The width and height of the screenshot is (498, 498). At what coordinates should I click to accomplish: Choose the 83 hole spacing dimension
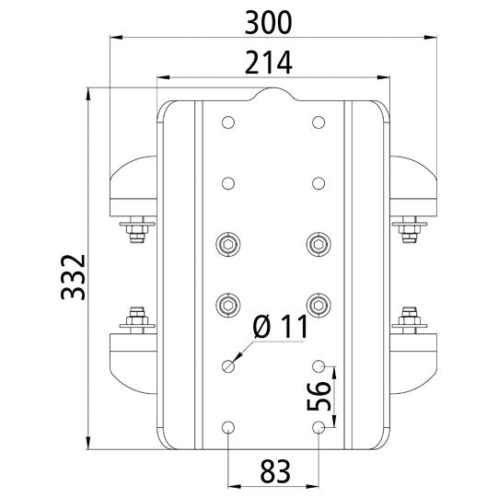[x=273, y=471]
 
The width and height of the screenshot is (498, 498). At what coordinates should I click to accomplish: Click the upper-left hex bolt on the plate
[x=227, y=244]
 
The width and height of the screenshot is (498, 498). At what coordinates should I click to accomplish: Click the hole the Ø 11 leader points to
[x=227, y=366]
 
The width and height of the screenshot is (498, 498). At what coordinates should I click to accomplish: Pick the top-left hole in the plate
[x=227, y=122]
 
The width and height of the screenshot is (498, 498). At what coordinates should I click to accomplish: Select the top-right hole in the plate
[x=318, y=122]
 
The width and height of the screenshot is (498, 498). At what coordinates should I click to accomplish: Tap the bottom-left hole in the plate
[x=227, y=427]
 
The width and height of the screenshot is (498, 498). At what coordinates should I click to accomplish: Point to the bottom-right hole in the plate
[x=318, y=427]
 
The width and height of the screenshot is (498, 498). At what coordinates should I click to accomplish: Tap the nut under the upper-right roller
[x=411, y=230]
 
